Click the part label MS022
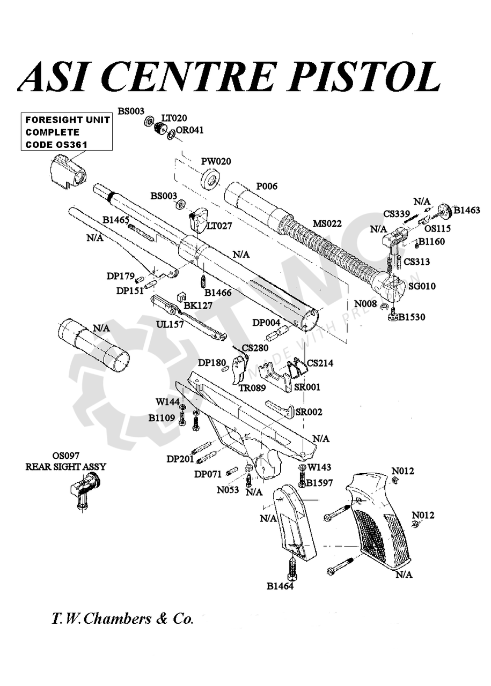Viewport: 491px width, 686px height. [327, 223]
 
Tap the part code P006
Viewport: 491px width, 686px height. [267, 186]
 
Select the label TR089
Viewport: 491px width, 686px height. [252, 388]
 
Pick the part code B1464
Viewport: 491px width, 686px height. [280, 586]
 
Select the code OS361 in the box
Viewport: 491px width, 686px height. [72, 145]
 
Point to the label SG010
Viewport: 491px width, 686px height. [422, 286]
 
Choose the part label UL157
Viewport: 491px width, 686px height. [170, 325]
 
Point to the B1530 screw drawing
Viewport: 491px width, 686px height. [394, 316]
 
